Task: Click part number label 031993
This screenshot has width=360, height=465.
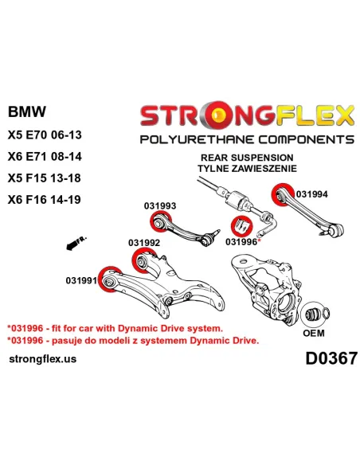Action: point(160,205)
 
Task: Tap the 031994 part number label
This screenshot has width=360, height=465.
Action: point(312,194)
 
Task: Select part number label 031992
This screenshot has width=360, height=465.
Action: point(144,243)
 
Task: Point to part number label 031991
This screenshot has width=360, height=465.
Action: point(81,280)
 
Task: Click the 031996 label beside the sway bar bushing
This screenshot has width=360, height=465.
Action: point(241,242)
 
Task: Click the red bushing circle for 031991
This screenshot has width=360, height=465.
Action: point(110,279)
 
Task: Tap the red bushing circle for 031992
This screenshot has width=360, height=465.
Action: point(143,261)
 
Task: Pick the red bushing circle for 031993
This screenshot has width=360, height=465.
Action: point(160,221)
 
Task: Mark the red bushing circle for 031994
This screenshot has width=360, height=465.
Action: point(282,194)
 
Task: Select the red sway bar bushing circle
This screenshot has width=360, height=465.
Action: point(241,226)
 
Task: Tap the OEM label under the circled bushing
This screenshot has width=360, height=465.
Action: point(314,333)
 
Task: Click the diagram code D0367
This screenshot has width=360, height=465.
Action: point(331,358)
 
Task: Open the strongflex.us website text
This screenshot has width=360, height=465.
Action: point(43,359)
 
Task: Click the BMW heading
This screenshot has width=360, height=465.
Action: point(27,111)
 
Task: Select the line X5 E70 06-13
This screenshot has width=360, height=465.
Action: point(45,135)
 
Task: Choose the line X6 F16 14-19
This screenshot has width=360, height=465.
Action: point(44,200)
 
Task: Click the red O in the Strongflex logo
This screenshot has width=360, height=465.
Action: point(221,115)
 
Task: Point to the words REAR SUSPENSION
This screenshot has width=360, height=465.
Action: point(247,158)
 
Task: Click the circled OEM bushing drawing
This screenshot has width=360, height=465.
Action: point(315,315)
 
